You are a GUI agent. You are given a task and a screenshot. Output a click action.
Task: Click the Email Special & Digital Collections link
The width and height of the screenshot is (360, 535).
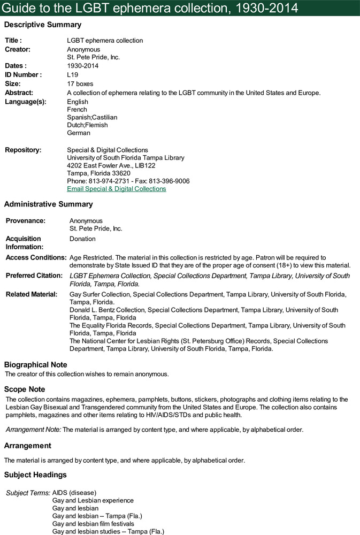coord(116,189)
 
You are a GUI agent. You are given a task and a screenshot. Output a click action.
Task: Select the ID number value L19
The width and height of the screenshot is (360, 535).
coord(72,75)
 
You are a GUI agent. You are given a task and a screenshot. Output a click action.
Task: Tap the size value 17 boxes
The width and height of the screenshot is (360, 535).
coord(80,84)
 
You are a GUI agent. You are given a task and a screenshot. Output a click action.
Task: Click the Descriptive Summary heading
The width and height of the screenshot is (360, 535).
coord(43,25)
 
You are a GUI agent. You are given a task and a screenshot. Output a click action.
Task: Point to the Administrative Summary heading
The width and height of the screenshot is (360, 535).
coord(49,204)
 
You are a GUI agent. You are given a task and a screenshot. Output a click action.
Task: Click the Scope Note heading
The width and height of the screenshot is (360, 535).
coord(25,389)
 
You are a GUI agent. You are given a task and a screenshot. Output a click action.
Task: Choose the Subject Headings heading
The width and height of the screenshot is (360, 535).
coord(35,475)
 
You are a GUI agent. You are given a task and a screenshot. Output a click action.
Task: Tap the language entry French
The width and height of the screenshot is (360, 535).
coord(76,110)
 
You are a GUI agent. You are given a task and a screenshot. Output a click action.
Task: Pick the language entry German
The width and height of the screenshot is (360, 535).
coord(79,133)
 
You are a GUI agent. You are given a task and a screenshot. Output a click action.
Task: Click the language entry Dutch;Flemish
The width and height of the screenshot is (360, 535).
coord(87,125)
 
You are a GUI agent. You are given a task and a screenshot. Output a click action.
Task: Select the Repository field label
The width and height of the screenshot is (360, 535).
coord(23,150)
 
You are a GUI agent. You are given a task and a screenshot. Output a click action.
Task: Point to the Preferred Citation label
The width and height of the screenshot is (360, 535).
coord(34,276)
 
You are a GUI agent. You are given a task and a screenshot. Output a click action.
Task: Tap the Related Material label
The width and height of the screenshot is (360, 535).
coord(32,295)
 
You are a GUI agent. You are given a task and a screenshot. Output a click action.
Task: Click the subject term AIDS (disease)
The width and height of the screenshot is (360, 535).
coord(74,493)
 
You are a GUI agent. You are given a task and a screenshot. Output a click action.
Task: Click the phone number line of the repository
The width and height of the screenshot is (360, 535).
coord(128,181)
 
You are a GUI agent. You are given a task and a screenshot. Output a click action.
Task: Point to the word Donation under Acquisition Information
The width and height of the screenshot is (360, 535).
coord(82,239)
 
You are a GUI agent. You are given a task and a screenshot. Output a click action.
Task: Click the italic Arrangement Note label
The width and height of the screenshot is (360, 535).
coord(33,430)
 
